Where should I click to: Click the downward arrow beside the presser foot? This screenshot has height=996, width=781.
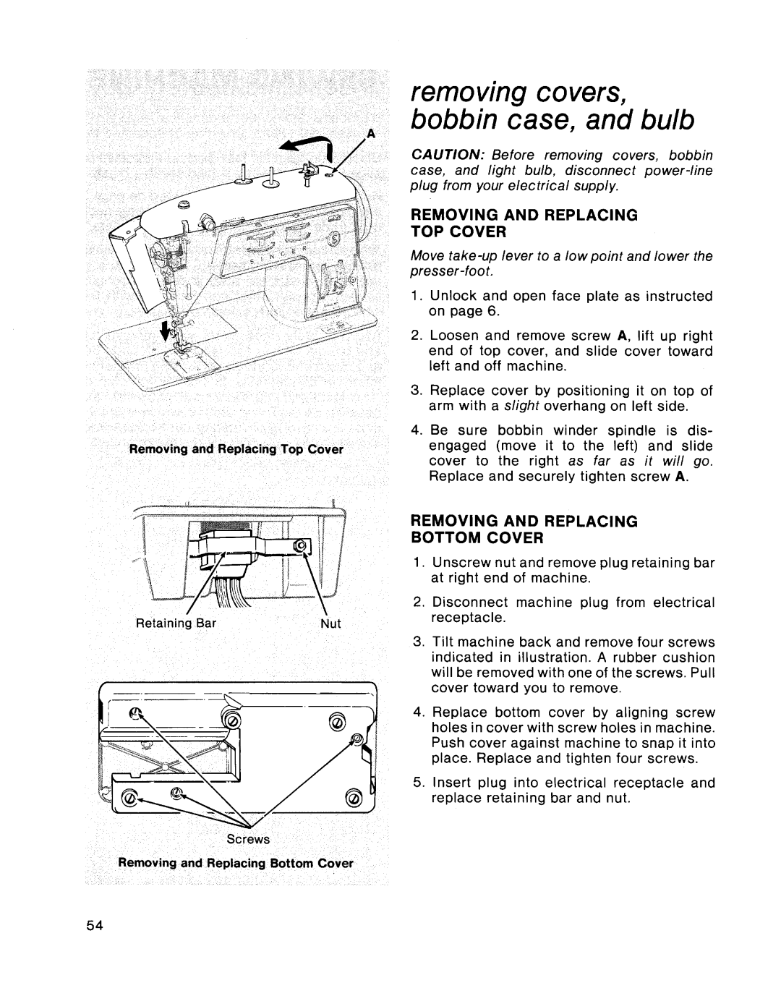coord(172,331)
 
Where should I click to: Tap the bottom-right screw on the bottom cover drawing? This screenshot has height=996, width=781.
coord(354,798)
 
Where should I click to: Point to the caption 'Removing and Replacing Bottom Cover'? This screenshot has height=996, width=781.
coord(236,863)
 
